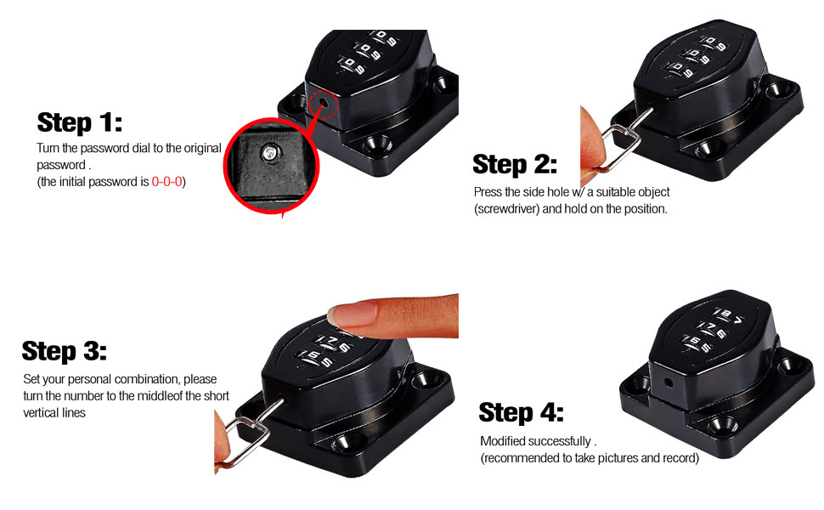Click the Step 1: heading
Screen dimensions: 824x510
click(x=80, y=122)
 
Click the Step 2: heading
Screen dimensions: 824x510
click(x=515, y=164)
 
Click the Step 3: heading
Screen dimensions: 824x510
click(x=64, y=351)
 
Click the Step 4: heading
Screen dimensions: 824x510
click(x=522, y=412)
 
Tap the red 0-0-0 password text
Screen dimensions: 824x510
click(x=166, y=181)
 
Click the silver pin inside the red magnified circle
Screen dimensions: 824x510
click(x=270, y=153)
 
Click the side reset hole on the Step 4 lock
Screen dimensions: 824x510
click(x=668, y=382)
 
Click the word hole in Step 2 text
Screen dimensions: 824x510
click(x=558, y=192)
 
